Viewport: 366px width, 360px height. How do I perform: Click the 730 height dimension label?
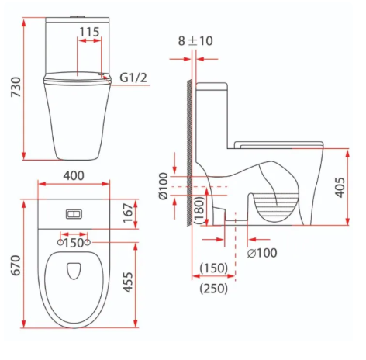tap(16, 87)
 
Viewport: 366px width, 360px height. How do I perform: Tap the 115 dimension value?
tap(89, 32)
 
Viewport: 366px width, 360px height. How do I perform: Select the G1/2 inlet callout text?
tap(133, 78)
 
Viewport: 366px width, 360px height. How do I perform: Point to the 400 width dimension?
tap(74, 176)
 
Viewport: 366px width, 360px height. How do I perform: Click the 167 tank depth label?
tap(129, 213)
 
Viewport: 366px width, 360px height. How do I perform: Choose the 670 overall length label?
tap(16, 265)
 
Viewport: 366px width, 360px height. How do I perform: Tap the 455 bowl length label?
tap(129, 282)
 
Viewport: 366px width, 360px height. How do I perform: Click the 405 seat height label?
tap(340, 188)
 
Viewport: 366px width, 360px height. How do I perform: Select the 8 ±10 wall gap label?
tap(195, 41)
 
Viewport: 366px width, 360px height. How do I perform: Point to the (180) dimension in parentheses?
tap(199, 210)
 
